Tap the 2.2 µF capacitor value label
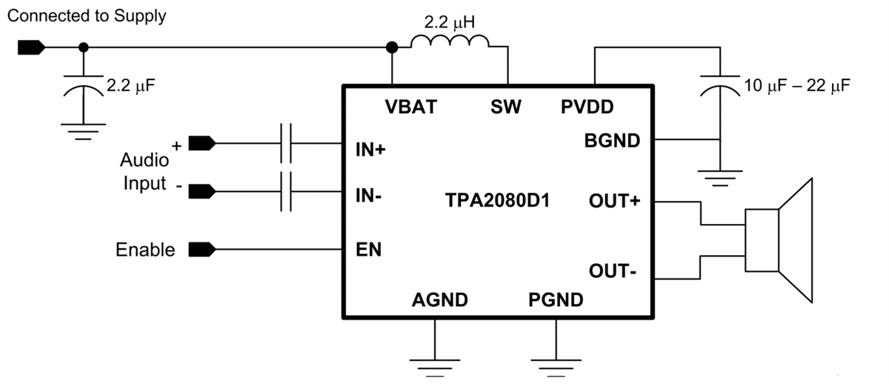(131, 86)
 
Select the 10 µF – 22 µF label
(796, 85)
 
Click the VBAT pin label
(412, 107)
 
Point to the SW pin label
(506, 107)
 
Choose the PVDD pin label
(587, 107)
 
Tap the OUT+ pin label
(614, 201)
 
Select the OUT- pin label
(613, 271)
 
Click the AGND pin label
(440, 300)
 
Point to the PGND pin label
(556, 300)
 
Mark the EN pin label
(369, 249)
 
